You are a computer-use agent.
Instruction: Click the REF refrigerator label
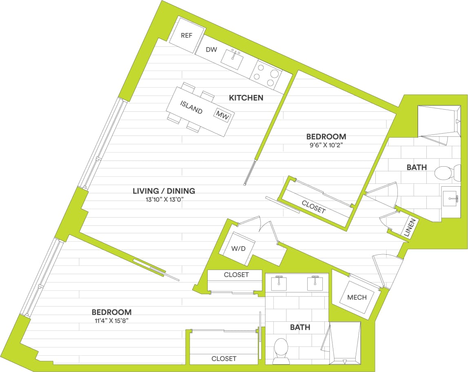[x=186, y=35]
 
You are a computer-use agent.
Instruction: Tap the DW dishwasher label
[x=211, y=50]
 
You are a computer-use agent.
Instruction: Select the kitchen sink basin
[x=232, y=60]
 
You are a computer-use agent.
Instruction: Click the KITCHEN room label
[x=246, y=98]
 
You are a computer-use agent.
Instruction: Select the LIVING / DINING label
[x=164, y=191]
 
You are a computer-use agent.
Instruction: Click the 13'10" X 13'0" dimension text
[x=164, y=200]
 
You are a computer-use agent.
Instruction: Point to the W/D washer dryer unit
[x=238, y=249]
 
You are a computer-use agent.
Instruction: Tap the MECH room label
[x=357, y=297]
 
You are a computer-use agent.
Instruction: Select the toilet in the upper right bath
[x=443, y=173]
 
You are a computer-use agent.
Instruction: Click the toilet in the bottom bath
[x=281, y=350]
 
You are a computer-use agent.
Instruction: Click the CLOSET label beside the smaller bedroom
[x=314, y=207]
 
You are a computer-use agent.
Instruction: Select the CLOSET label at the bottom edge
[x=224, y=359]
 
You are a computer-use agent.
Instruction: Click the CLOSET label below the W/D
[x=236, y=275]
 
